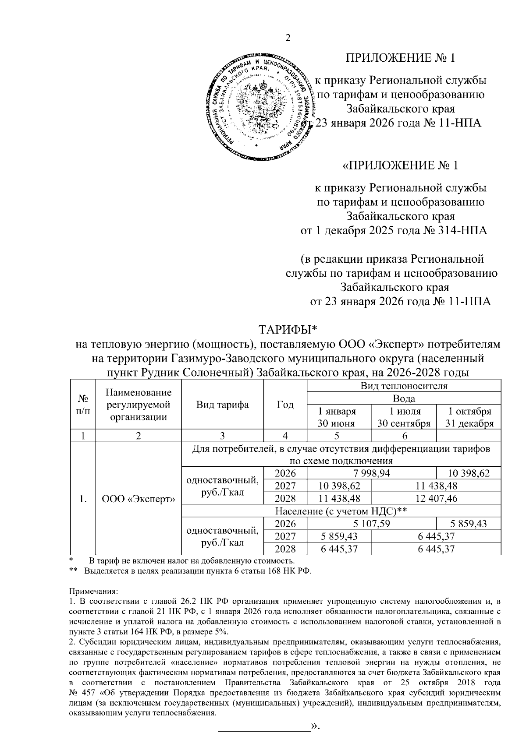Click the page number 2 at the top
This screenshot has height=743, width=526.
pyautogui.click(x=288, y=38)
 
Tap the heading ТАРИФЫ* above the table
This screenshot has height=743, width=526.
pyautogui.click(x=288, y=329)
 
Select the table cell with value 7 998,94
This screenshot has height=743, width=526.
pyautogui.click(x=372, y=473)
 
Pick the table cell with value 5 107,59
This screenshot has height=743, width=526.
pyautogui.click(x=372, y=524)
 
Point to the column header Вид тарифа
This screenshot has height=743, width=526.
pyautogui.click(x=222, y=405)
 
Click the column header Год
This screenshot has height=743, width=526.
pyautogui.click(x=285, y=405)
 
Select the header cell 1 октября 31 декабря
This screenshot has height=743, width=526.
pyautogui.click(x=469, y=417)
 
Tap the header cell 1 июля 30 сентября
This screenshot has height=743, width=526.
pyautogui.click(x=404, y=417)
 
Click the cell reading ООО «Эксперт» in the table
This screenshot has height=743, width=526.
pyautogui.click(x=139, y=499)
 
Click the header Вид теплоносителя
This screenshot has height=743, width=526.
pyautogui.click(x=404, y=386)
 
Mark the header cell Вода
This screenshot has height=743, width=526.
pyautogui.click(x=404, y=398)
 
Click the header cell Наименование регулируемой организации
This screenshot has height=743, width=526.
pyautogui.click(x=139, y=405)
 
